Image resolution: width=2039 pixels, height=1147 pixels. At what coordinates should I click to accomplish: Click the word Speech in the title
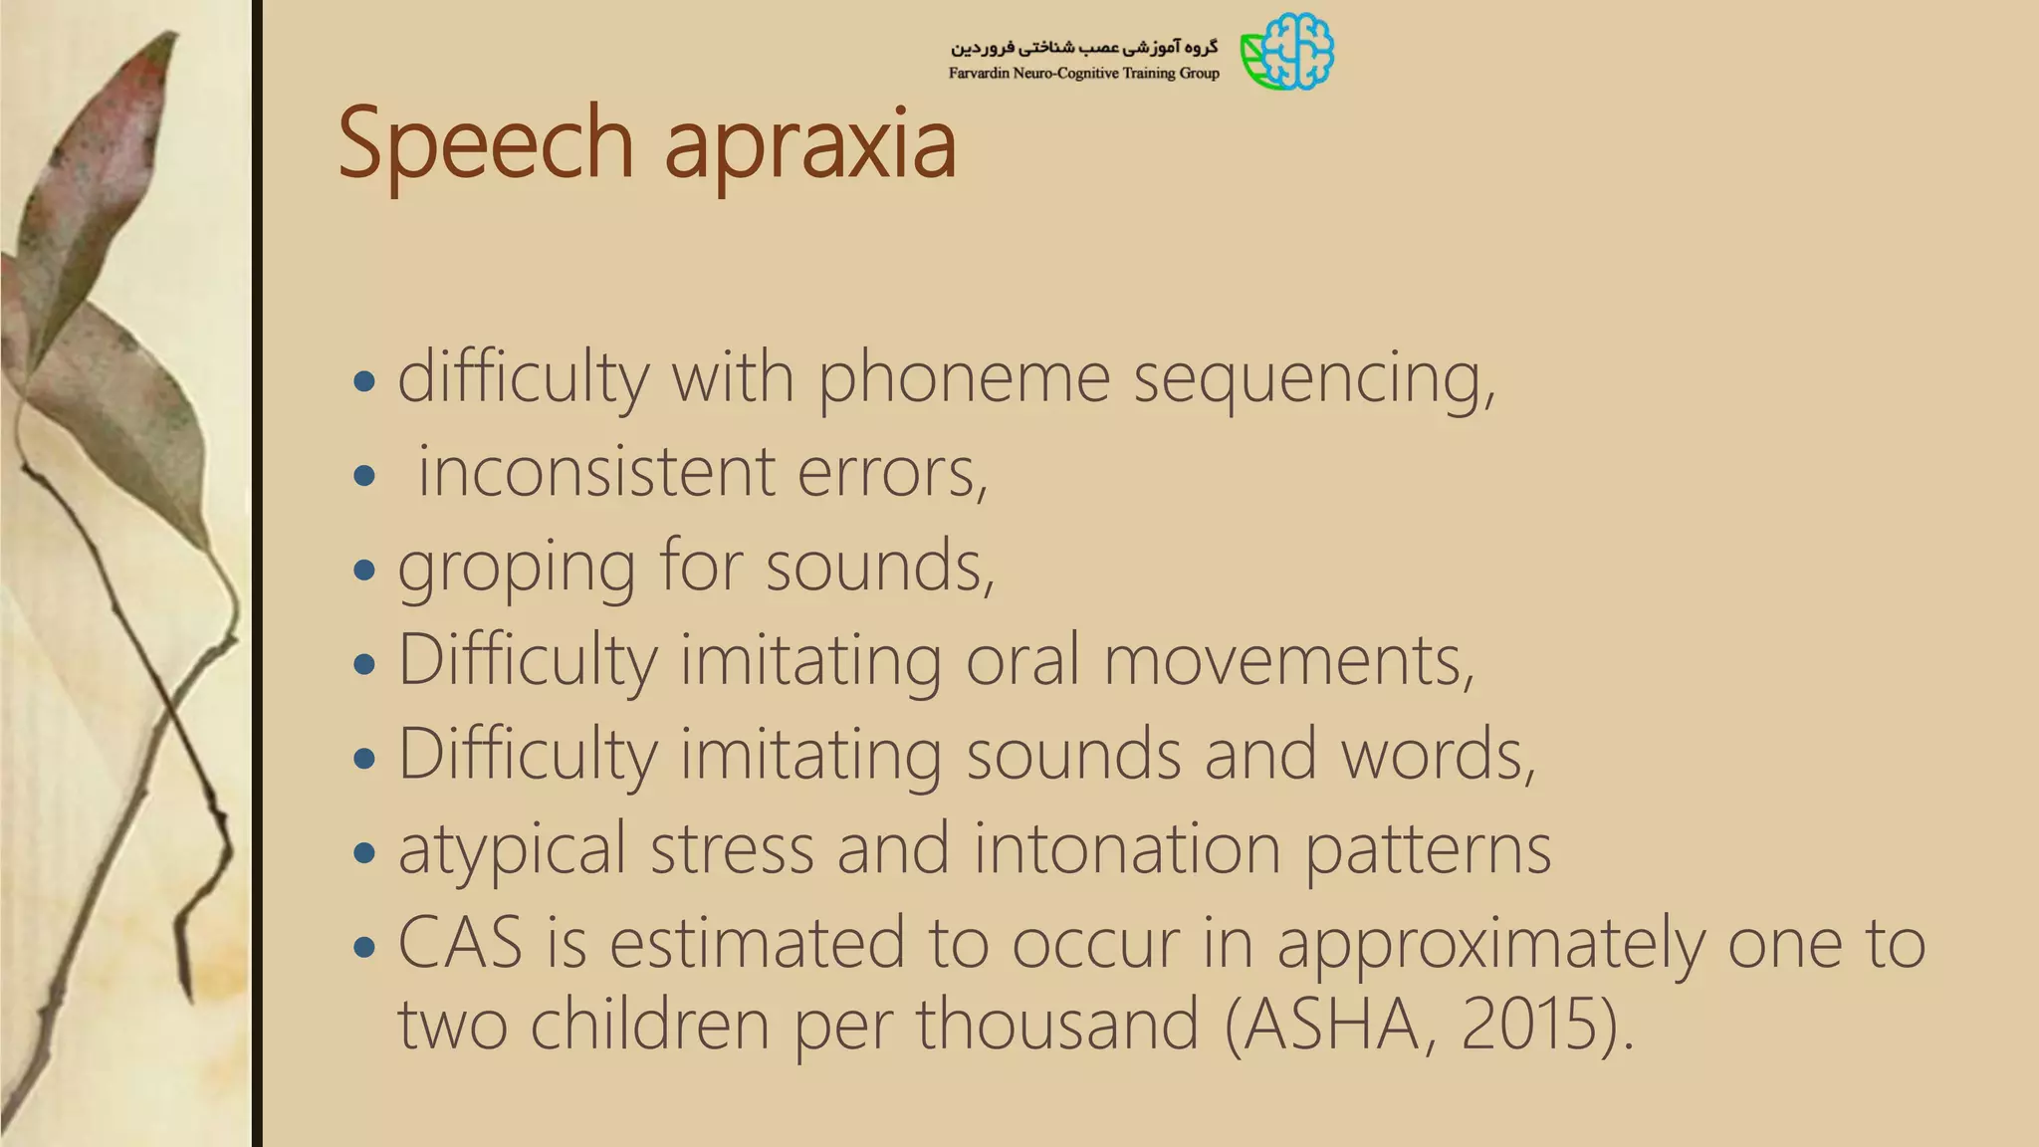pos(486,144)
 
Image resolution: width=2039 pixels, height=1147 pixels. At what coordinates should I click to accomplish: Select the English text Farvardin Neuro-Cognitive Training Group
pos(1083,73)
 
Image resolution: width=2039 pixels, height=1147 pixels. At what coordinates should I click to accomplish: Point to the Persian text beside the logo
pos(1083,47)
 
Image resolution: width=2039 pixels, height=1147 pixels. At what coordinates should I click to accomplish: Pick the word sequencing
pos(1313,379)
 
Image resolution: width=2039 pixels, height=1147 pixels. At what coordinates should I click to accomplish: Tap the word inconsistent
pos(595,471)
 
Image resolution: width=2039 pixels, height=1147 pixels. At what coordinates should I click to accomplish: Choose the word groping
pos(516,568)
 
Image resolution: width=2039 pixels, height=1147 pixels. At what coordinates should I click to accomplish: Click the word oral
pos(1022,659)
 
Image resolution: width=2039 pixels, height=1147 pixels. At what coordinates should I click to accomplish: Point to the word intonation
pos(1126,848)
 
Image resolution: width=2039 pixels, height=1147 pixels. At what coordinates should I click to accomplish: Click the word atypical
pos(512,850)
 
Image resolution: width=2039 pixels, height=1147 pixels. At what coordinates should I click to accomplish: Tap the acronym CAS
pos(460,942)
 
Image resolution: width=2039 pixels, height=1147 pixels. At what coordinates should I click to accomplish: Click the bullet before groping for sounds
pos(364,570)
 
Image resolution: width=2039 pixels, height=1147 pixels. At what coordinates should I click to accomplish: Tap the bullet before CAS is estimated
pos(364,947)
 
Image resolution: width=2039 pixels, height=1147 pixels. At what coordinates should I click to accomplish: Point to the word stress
pos(732,848)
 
